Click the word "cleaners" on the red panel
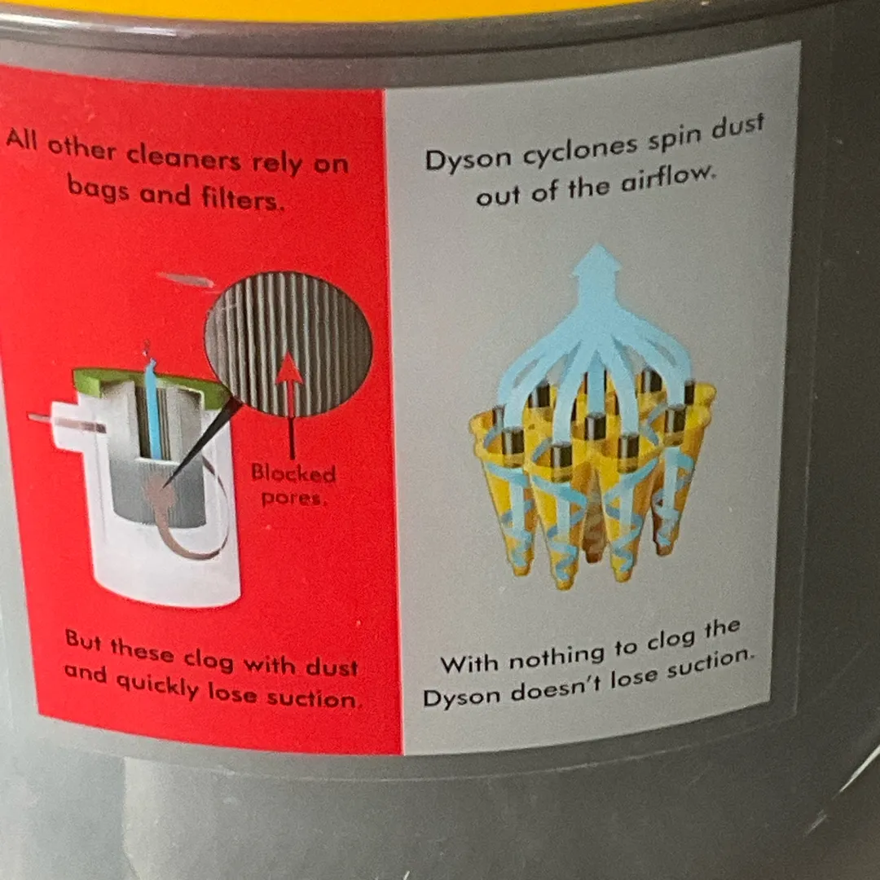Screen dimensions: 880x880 pos(183,158)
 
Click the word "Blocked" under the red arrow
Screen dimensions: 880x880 pos(293,473)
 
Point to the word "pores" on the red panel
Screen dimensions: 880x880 pos(291,498)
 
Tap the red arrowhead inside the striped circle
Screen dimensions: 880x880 pos(289,368)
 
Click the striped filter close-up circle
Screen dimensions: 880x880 pos(289,344)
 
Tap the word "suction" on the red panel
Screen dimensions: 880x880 pos(311,699)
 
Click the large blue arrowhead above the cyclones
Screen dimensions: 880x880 pos(597,262)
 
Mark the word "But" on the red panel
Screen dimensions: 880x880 pos(83,640)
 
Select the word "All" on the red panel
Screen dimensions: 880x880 pos(22,139)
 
